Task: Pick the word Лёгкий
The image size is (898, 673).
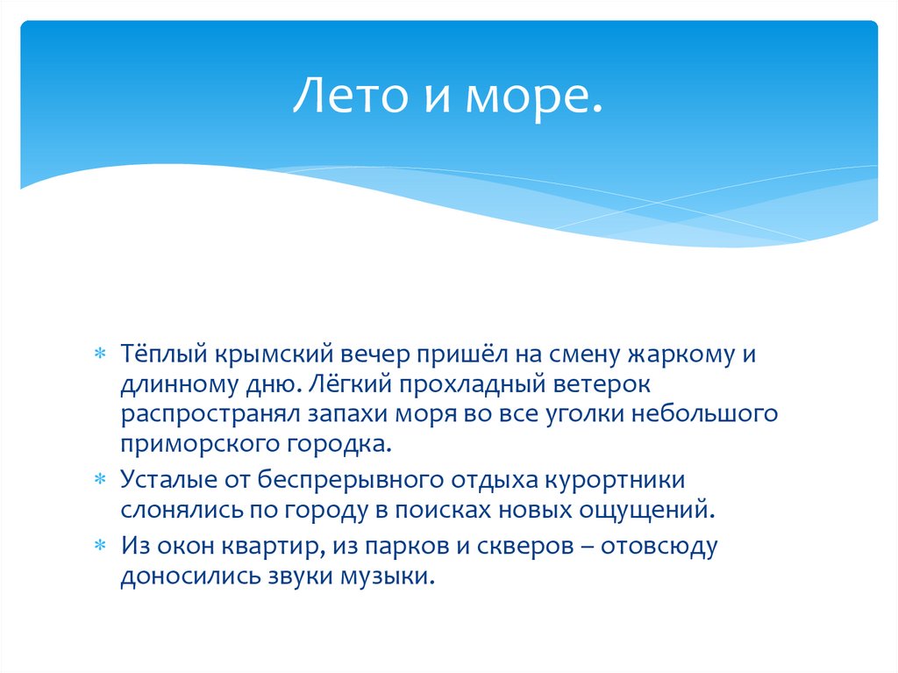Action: (x=339, y=383)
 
